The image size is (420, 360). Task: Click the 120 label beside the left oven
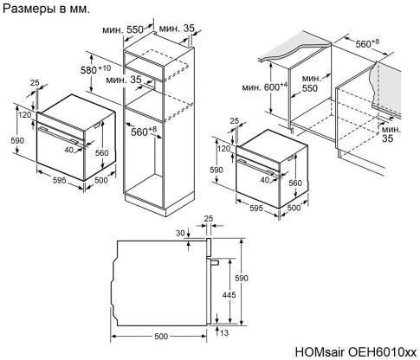pyautogui.click(x=25, y=114)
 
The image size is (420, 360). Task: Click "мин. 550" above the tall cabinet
pyautogui.click(x=122, y=29)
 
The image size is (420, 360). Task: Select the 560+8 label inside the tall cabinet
pyautogui.click(x=144, y=131)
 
